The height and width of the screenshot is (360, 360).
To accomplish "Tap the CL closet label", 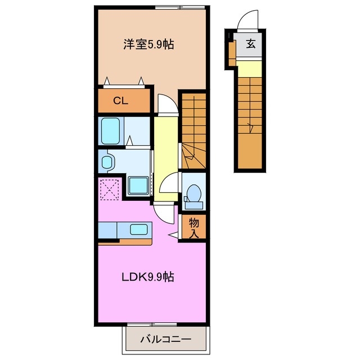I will [x=119, y=101].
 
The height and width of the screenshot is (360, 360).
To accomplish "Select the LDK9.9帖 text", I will [x=148, y=277].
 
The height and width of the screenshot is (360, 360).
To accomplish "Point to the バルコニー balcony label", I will [x=165, y=339].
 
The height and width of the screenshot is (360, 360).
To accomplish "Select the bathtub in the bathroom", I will [x=111, y=131].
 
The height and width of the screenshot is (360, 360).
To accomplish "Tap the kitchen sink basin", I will [x=139, y=229].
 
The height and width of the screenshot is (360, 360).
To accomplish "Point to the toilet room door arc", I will [x=169, y=183].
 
